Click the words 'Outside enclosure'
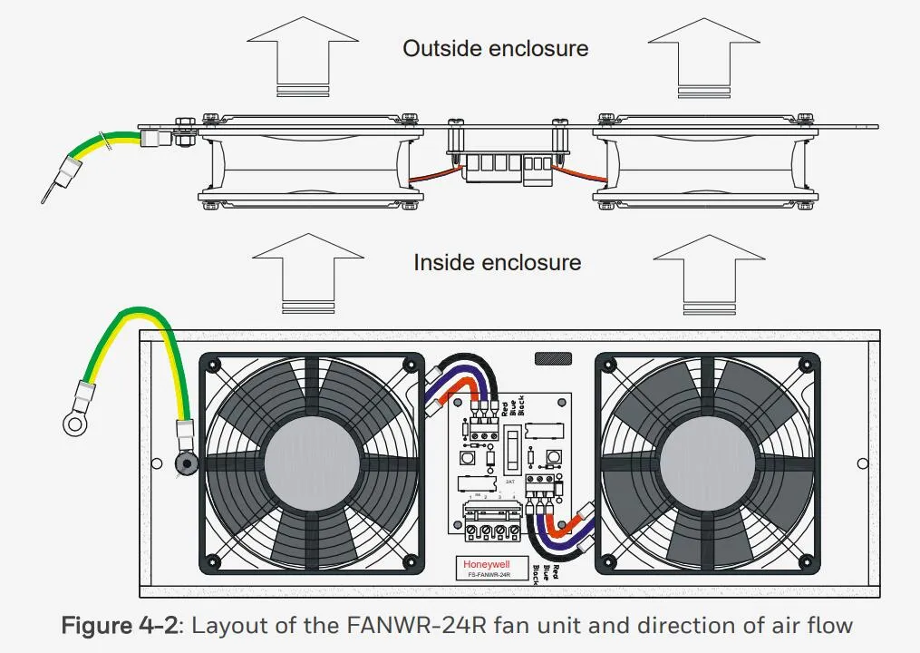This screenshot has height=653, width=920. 496,48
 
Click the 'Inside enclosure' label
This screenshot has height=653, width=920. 497,263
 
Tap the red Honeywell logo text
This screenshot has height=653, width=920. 486,564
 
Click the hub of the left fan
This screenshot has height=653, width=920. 309,461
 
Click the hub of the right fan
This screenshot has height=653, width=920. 706,461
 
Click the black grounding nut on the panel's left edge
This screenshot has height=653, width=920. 186,465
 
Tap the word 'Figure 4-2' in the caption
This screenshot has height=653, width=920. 124,626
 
